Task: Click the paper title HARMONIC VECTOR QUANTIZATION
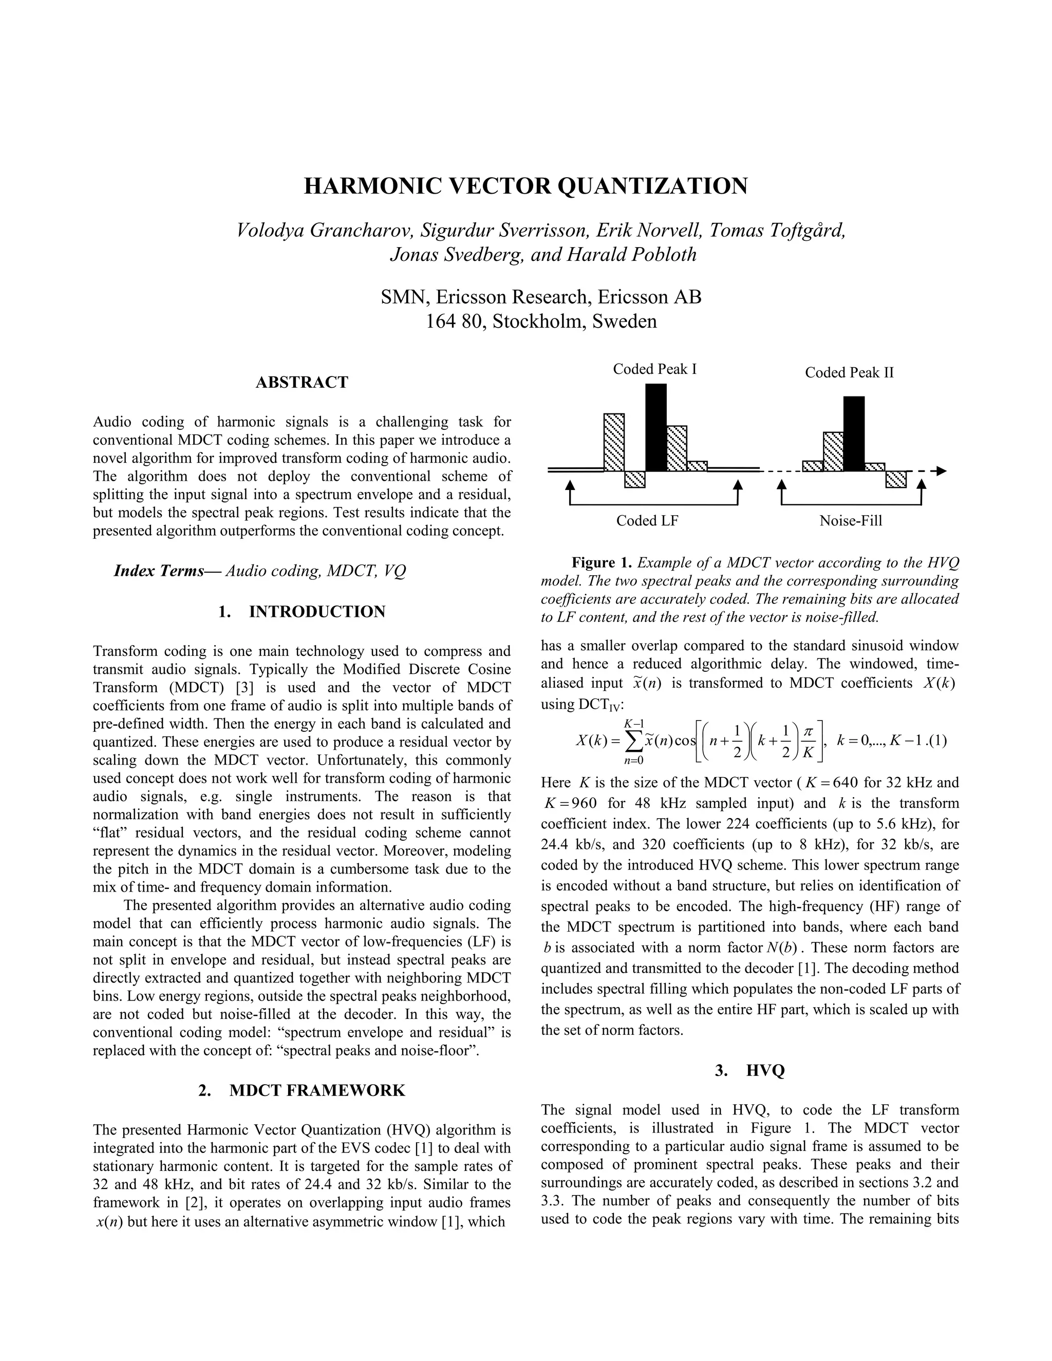coord(525,186)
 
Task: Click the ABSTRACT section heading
coord(302,382)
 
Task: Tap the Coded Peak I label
coord(654,369)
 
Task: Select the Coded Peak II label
coord(849,373)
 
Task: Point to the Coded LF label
coord(647,520)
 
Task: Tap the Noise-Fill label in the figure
coord(850,520)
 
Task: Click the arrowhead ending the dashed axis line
coord(941,471)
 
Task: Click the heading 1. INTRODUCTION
coord(302,611)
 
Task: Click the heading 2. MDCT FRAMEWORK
coord(302,1090)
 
